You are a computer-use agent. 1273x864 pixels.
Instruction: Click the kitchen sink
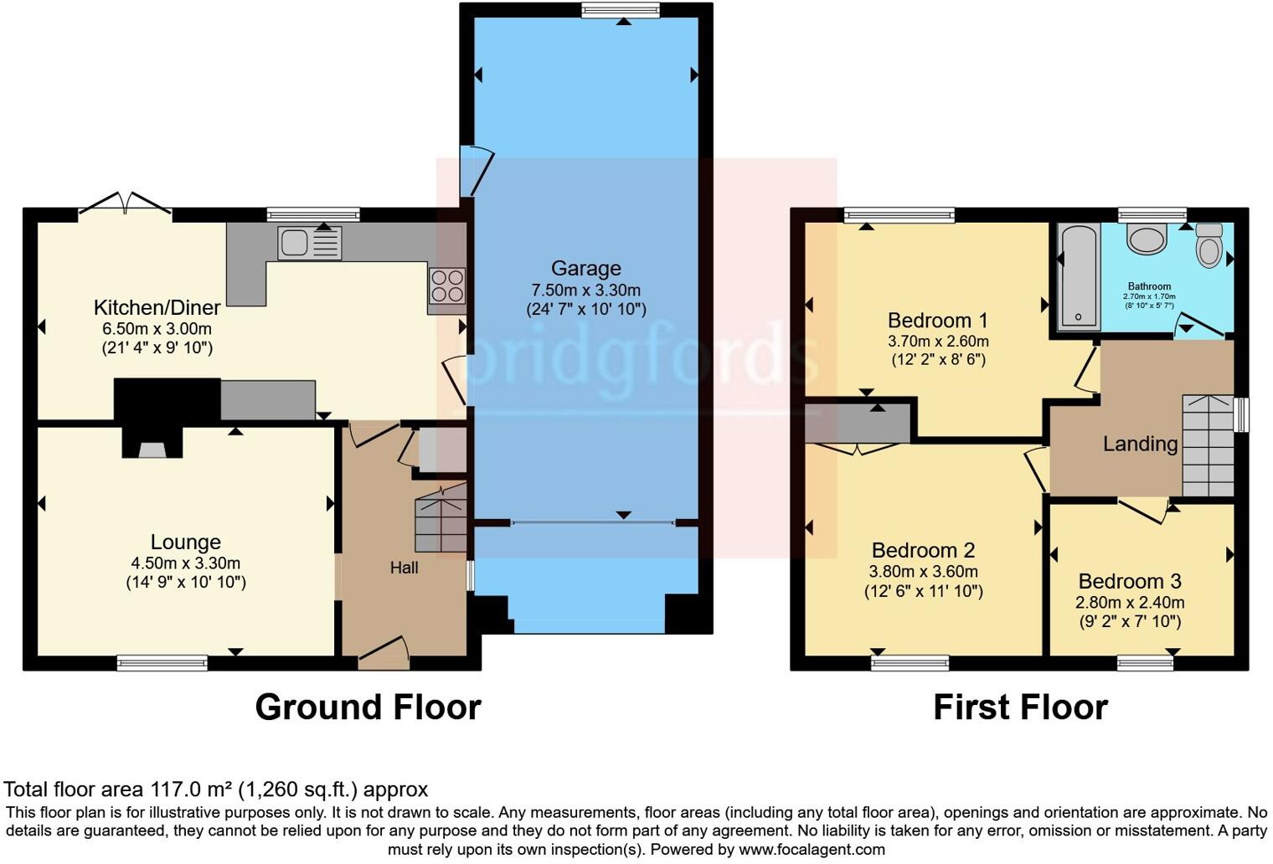310,244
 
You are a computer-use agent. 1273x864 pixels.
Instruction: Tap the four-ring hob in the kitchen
446,285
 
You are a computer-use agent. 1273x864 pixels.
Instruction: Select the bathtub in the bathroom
1078,276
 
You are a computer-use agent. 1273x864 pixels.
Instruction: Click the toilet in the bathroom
1209,245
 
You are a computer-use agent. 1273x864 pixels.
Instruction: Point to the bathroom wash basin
1147,239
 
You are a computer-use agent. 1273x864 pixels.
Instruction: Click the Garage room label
585,269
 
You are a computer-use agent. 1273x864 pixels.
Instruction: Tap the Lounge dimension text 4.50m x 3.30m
185,563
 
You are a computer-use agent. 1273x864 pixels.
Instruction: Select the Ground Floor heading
368,707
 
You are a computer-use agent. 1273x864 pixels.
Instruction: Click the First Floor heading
1020,707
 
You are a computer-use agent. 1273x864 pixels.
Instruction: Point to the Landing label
1140,444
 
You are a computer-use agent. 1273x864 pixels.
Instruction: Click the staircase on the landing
1208,446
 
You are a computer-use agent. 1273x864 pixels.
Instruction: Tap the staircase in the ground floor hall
441,519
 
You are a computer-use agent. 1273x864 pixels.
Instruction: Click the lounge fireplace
152,444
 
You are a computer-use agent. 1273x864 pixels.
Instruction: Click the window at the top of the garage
621,11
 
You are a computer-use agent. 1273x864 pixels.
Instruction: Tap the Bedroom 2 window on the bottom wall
910,663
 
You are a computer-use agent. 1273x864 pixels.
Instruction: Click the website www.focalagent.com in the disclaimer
811,850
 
